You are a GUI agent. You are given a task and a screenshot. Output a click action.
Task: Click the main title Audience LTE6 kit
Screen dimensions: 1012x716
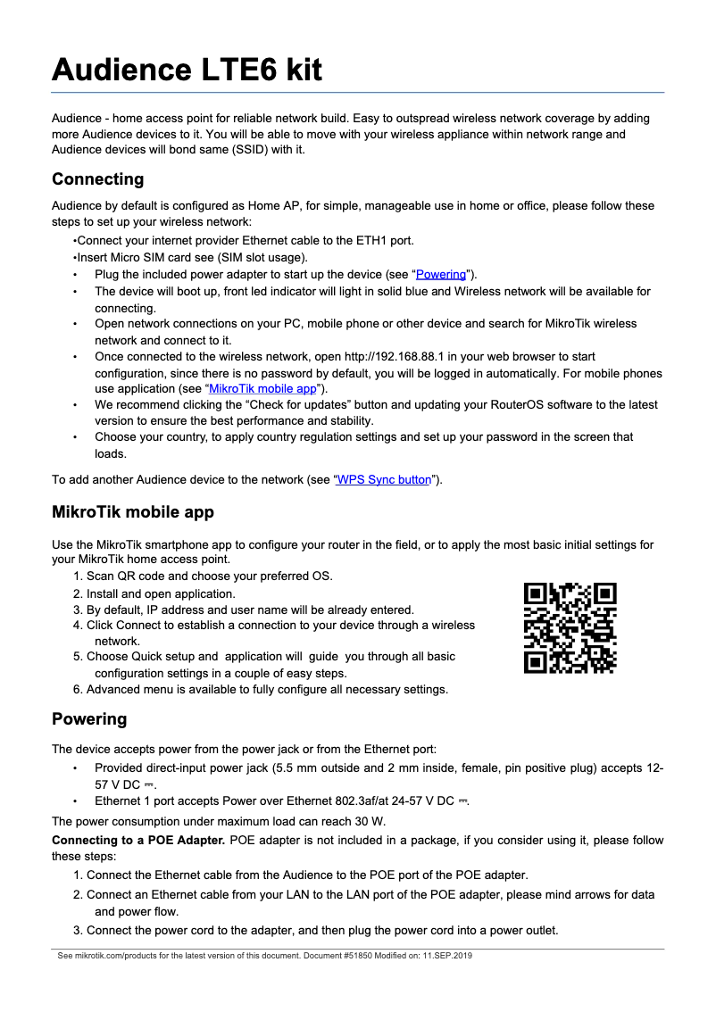pos(187,70)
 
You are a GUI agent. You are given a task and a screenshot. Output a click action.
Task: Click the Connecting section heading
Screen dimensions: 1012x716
pos(97,179)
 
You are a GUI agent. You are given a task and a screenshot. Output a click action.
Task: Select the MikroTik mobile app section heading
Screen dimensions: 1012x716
pos(132,512)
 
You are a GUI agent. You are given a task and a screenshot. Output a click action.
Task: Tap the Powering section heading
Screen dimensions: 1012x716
pos(89,719)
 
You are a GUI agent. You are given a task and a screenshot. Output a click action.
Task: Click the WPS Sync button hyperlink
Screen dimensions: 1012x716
pos(384,479)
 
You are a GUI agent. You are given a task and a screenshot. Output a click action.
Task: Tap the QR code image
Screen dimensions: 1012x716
pos(570,627)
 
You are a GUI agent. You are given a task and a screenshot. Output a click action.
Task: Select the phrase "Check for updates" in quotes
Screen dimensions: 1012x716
pos(278,404)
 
